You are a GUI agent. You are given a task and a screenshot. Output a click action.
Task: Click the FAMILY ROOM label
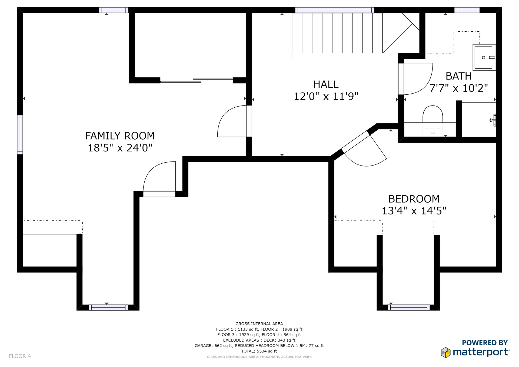click(120, 136)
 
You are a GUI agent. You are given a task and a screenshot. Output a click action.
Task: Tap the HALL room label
click(326, 84)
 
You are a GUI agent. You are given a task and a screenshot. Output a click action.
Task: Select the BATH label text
click(458, 76)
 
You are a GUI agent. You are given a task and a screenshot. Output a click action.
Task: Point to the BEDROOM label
click(414, 199)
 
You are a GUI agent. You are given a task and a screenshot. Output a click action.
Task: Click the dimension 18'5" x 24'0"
click(120, 148)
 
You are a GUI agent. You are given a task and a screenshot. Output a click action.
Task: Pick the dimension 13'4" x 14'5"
click(414, 211)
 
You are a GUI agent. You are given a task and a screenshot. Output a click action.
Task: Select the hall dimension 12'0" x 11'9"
click(326, 96)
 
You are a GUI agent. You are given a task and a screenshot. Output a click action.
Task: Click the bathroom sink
click(484, 57)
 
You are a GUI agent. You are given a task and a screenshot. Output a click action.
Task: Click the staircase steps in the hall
click(337, 33)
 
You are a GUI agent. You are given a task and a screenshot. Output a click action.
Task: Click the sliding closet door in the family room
click(197, 80)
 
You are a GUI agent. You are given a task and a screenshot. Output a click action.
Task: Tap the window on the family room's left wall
click(20, 135)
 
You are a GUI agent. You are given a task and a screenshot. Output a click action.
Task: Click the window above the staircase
click(335, 10)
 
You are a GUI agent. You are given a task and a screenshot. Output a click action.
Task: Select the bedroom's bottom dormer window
click(409, 308)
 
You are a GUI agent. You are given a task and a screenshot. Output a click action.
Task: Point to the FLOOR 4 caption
click(20, 356)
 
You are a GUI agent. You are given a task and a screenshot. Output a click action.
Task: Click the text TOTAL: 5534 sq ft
click(259, 351)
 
